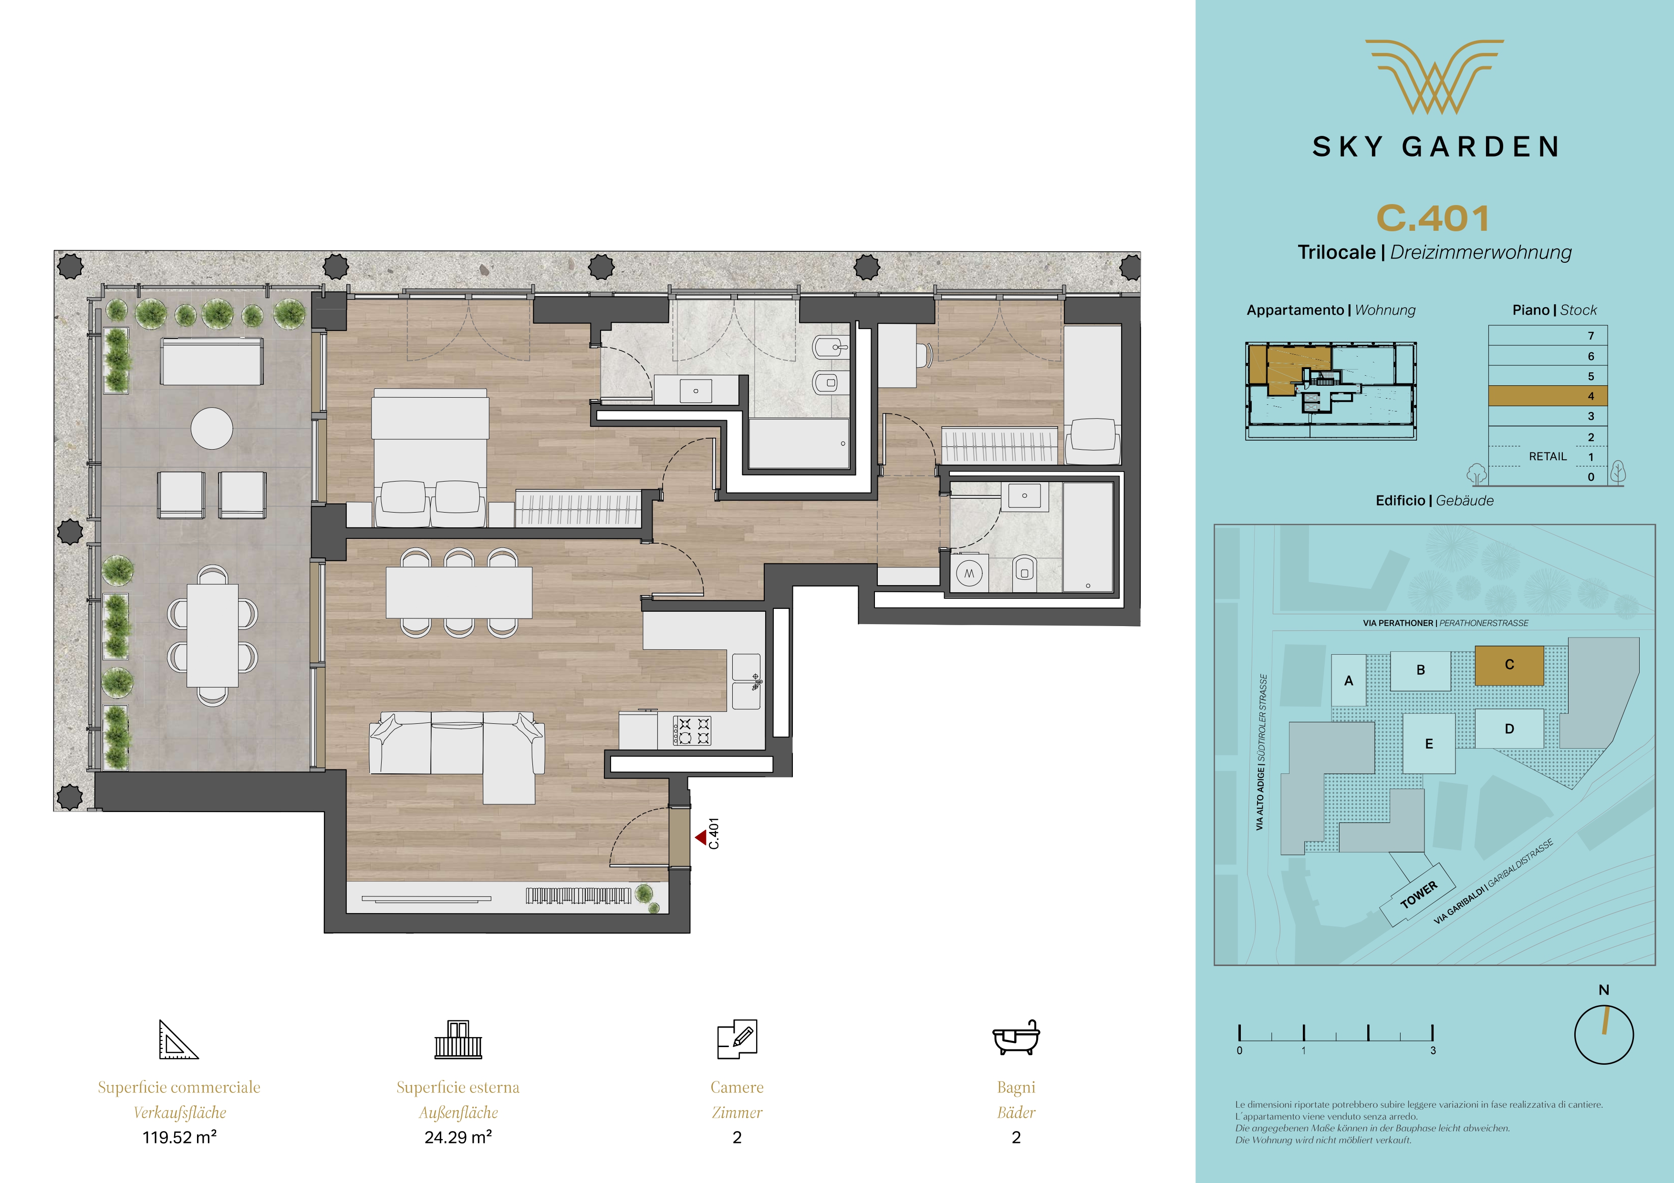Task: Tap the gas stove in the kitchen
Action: (693, 731)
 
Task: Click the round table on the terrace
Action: (212, 428)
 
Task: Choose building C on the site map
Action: (1509, 665)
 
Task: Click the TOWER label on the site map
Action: (1419, 895)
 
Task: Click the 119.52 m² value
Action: (179, 1137)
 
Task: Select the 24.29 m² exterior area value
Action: (458, 1137)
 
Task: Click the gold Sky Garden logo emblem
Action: (1434, 77)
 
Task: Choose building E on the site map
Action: (1429, 743)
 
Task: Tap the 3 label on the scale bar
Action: (1433, 1050)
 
